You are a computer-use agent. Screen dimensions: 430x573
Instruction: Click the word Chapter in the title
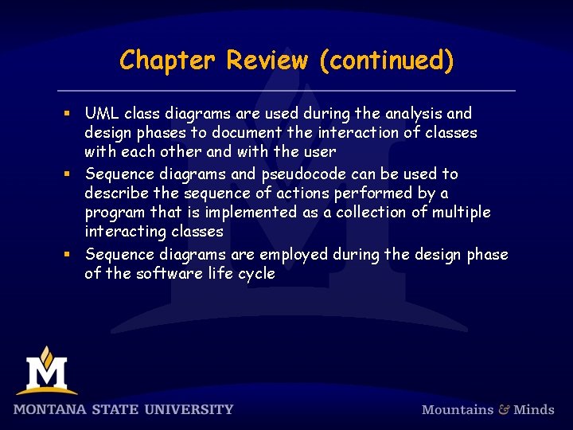tap(169, 61)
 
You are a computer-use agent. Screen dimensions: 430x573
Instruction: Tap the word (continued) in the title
tap(386, 61)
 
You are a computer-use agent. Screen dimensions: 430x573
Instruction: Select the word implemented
tap(244, 213)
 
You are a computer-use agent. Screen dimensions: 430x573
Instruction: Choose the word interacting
tap(124, 232)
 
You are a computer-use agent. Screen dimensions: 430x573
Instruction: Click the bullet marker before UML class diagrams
tap(72, 115)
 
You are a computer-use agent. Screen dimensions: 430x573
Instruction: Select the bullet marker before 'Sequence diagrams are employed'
tap(72, 255)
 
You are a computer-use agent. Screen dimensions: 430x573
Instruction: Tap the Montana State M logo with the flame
tap(46, 370)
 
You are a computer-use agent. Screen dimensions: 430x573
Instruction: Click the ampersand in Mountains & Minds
tap(504, 409)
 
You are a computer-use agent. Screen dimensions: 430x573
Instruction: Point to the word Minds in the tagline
tap(534, 409)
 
